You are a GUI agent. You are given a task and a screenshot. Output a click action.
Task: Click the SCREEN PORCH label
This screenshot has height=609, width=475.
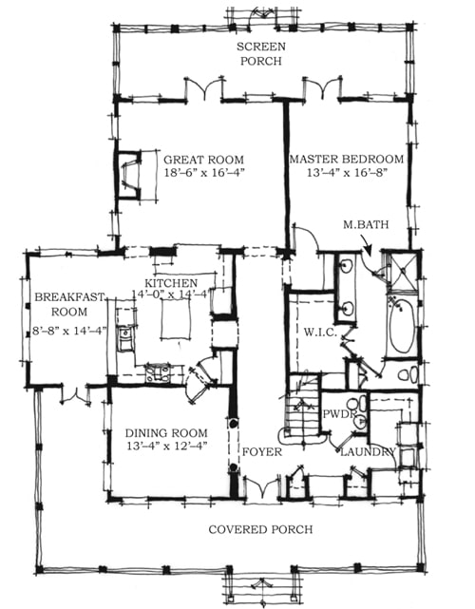261,54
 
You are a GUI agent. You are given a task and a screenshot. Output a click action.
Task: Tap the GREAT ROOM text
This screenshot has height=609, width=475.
203,160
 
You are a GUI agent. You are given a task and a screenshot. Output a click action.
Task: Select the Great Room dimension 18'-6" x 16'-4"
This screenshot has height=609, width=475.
203,173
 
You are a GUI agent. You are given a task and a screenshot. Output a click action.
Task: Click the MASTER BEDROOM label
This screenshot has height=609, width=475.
347,159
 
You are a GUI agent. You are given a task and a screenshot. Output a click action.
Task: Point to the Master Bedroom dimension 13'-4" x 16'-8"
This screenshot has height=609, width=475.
347,172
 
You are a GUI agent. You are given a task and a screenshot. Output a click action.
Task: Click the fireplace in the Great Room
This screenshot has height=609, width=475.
129,175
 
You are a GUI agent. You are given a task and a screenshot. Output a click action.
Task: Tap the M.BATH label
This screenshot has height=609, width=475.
366,224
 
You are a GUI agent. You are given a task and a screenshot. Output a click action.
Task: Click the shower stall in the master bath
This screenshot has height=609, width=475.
404,271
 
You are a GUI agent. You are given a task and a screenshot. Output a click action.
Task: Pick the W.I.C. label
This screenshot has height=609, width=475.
320,333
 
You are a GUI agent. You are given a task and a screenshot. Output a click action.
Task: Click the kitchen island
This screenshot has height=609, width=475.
176,320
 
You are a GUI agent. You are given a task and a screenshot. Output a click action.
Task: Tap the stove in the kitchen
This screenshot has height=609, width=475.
157,372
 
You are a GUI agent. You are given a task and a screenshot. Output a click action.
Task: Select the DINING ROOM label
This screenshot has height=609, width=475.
166,432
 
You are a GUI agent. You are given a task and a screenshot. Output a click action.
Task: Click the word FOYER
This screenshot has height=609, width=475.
262,451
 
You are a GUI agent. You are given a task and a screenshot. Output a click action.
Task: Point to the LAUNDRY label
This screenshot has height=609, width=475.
368,451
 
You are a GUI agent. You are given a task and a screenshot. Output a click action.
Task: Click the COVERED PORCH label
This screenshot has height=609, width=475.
260,529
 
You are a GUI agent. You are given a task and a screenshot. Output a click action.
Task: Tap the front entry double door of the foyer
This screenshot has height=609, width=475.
261,486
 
